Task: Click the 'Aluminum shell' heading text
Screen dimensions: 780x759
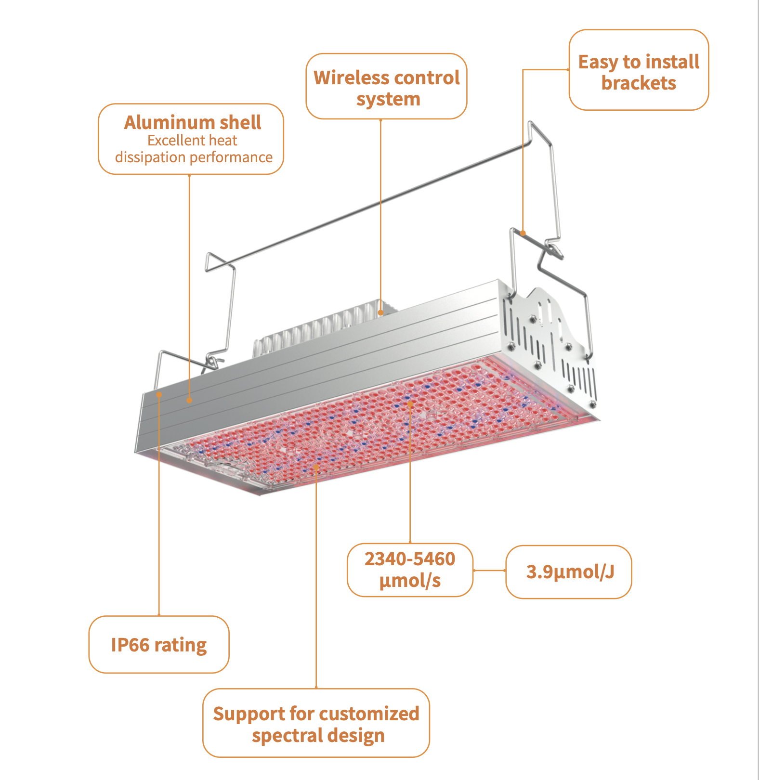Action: pyautogui.click(x=193, y=122)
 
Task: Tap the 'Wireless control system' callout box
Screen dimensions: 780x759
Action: pyautogui.click(x=386, y=87)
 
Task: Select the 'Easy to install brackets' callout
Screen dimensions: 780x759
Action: pyautogui.click(x=639, y=70)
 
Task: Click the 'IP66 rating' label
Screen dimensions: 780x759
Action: pyautogui.click(x=159, y=645)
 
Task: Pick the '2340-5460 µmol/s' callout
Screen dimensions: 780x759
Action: pyautogui.click(x=410, y=570)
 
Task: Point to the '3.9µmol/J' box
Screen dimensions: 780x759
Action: pyautogui.click(x=569, y=572)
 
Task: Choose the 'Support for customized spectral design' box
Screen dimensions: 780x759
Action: pyautogui.click(x=316, y=723)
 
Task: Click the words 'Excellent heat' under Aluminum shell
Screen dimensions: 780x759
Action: pyautogui.click(x=192, y=141)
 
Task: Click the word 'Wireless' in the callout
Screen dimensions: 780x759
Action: pyautogui.click(x=347, y=78)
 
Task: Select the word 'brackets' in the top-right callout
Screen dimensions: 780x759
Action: pyautogui.click(x=639, y=83)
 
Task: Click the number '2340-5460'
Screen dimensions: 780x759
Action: pyautogui.click(x=410, y=559)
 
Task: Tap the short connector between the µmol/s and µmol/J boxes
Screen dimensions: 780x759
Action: pyautogui.click(x=489, y=571)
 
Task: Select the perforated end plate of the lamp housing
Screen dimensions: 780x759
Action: pyautogui.click(x=549, y=342)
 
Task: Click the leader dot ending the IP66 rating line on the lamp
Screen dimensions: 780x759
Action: pyautogui.click(x=159, y=394)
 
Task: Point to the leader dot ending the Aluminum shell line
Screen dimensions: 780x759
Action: pyautogui.click(x=189, y=400)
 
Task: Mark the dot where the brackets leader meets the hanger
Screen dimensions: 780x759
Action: pyautogui.click(x=523, y=233)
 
